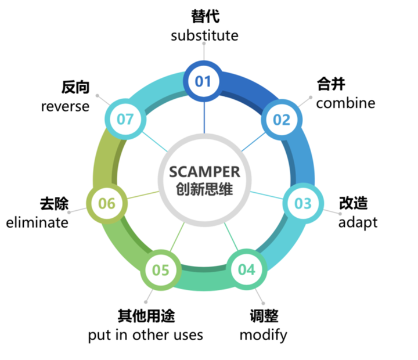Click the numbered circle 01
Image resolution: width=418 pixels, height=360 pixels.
tap(204, 81)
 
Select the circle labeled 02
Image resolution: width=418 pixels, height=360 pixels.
tap(282, 120)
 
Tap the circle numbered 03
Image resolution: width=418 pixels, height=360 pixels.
tap(303, 203)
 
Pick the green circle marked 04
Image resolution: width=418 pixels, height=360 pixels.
tap(247, 269)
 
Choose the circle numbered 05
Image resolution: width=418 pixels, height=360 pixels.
tap(161, 270)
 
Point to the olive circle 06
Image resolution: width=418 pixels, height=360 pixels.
tap(107, 203)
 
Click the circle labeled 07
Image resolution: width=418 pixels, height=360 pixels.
tap(125, 120)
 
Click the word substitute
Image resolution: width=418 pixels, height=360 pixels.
tap(204, 35)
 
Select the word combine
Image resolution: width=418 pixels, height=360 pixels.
tap(345, 103)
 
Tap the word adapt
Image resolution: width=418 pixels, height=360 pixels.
tap(358, 222)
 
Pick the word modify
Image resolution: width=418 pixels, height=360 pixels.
tap(264, 335)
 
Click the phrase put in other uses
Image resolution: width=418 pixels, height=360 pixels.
tap(146, 335)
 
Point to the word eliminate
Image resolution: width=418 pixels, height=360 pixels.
tap(37, 222)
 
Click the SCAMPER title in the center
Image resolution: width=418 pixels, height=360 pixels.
tap(204, 172)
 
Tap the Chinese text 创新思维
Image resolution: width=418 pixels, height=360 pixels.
tap(204, 189)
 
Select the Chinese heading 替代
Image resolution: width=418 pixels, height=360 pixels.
tap(205, 16)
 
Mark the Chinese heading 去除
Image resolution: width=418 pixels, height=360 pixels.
tap(54, 204)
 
